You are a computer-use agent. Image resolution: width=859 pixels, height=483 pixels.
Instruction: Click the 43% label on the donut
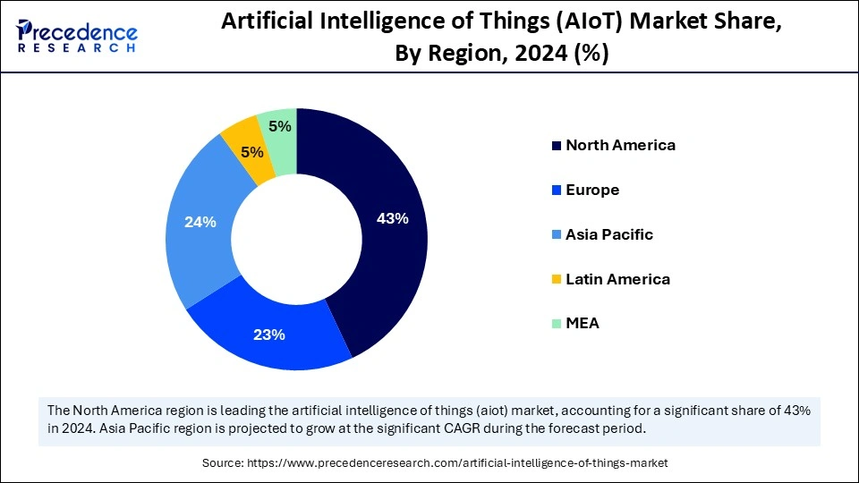(x=393, y=218)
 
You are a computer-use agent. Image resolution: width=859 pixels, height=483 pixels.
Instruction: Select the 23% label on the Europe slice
(x=269, y=335)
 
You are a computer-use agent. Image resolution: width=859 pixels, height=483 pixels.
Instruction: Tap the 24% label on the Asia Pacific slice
(x=200, y=222)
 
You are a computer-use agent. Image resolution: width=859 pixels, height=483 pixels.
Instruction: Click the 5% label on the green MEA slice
(x=280, y=126)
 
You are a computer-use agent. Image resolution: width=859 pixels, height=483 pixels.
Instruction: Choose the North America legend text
(x=620, y=145)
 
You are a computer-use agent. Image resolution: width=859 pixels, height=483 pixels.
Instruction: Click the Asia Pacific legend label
(x=609, y=234)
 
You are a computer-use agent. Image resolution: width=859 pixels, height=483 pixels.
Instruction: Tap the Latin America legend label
(x=617, y=279)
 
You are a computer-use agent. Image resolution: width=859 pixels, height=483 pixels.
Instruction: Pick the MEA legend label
(x=583, y=324)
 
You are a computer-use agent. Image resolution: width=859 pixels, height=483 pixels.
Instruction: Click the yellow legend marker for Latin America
(x=557, y=280)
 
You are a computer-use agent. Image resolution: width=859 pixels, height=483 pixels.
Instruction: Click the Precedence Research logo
(x=77, y=36)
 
